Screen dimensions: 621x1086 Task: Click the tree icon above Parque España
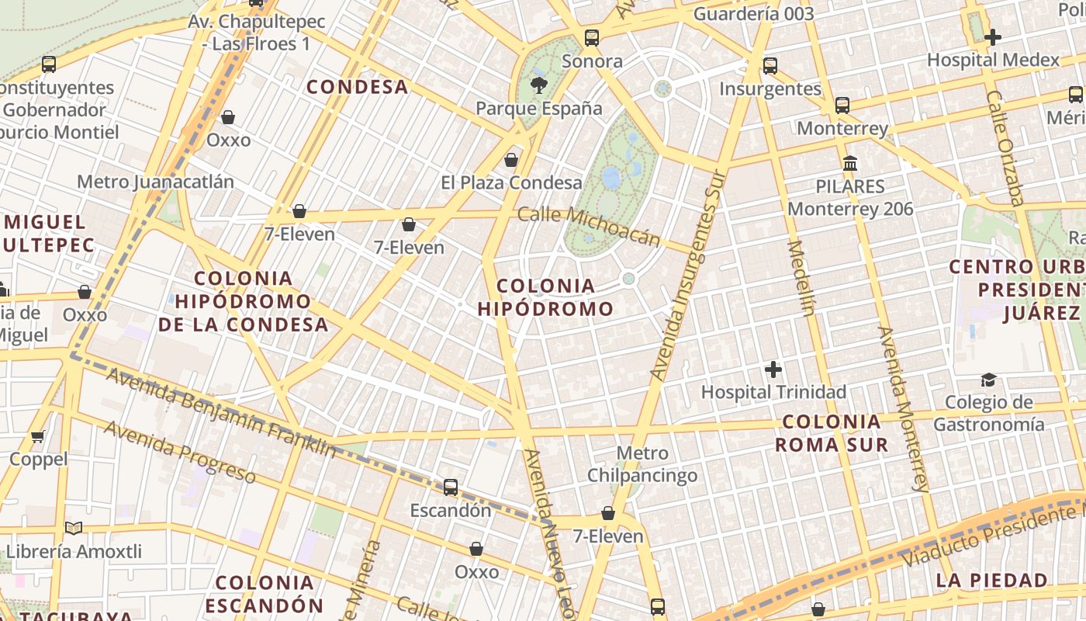(x=537, y=85)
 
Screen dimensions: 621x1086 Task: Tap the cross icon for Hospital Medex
(x=992, y=37)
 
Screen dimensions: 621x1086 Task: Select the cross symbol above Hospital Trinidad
(x=773, y=369)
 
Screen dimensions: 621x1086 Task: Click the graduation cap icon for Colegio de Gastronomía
(x=988, y=380)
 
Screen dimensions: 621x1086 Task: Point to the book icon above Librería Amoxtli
(x=74, y=529)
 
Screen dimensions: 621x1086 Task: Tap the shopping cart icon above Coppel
(x=38, y=437)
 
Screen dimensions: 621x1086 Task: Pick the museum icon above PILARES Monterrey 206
(x=850, y=164)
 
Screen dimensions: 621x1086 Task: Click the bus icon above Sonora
(x=592, y=38)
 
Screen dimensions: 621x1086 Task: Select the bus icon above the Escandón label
(x=451, y=487)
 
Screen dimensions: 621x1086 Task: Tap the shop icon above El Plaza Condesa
(x=511, y=161)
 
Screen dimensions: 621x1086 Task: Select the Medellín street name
(x=801, y=278)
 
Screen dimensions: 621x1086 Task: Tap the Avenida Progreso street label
(x=179, y=451)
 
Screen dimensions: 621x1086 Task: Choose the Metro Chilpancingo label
(x=642, y=463)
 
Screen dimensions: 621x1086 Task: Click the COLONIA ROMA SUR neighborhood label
(x=832, y=433)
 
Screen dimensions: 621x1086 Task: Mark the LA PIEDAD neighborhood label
(x=991, y=580)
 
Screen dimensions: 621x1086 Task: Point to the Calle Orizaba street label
(x=1005, y=147)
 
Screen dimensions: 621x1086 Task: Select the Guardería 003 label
(x=753, y=14)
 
